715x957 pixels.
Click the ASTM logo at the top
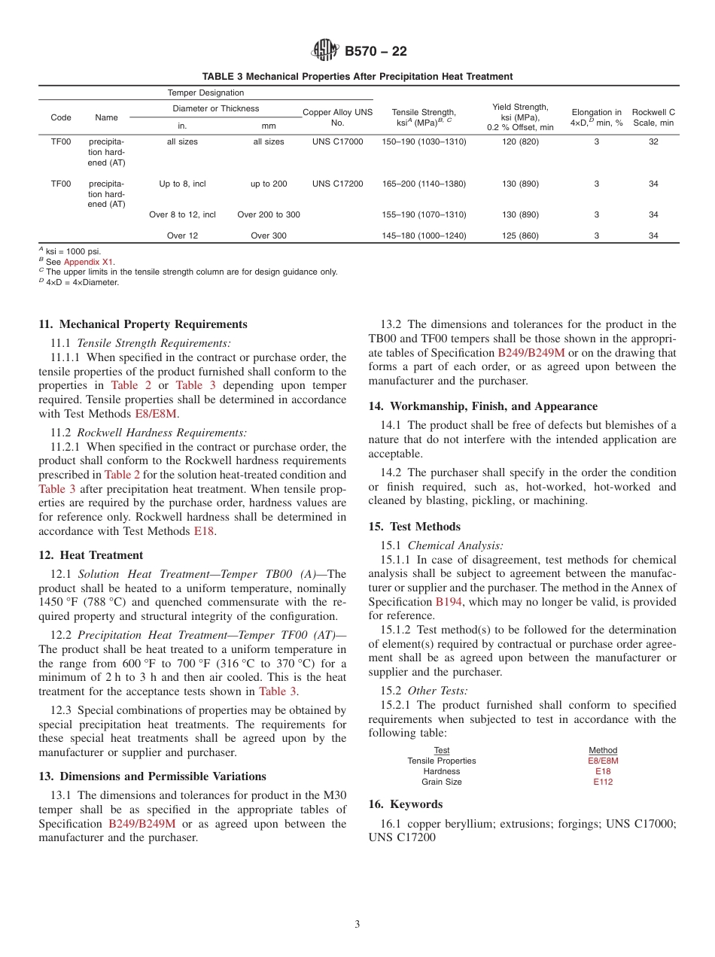click(x=326, y=51)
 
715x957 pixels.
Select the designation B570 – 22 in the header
click(x=376, y=51)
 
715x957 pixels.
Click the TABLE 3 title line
click(x=357, y=77)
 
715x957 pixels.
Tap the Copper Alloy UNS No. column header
click(x=337, y=117)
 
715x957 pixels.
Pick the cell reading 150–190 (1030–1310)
click(x=424, y=142)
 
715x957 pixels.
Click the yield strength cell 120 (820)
click(x=520, y=142)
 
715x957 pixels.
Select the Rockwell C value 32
click(x=653, y=142)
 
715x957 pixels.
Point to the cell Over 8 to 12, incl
click(x=182, y=214)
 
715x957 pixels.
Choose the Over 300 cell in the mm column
click(x=269, y=235)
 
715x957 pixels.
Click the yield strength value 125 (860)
click(x=520, y=235)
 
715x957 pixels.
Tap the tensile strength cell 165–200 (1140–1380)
click(x=424, y=184)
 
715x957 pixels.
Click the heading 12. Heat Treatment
click(x=90, y=555)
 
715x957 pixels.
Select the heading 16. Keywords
click(x=405, y=804)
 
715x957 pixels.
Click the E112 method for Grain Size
click(x=603, y=782)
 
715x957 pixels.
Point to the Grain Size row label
click(x=442, y=782)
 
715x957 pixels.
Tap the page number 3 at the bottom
click(x=357, y=924)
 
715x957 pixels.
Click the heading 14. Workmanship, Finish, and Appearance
click(x=482, y=406)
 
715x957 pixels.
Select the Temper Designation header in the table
click(x=205, y=93)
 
